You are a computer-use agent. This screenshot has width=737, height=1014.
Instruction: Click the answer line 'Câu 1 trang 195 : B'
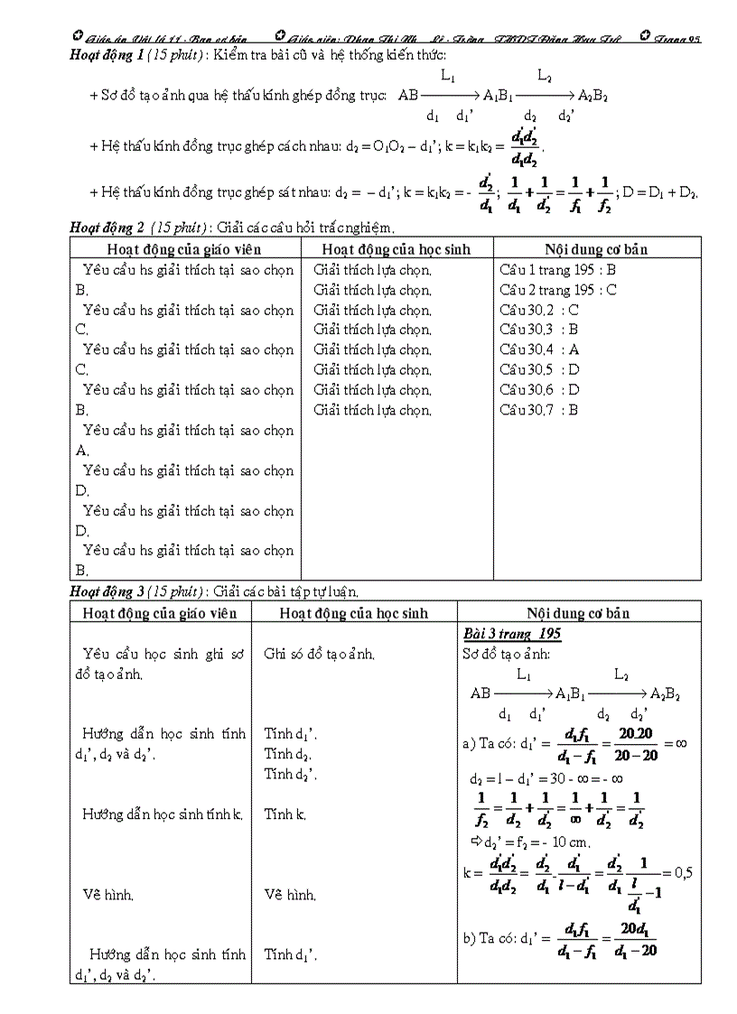coord(557,269)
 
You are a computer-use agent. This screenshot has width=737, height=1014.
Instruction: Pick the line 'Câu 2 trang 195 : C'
coord(557,290)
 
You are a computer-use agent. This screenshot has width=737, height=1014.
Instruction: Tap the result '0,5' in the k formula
coord(684,872)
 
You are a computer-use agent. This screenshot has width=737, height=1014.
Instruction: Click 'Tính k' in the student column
coord(285,814)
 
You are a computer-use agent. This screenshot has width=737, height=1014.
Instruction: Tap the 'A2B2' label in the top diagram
coord(592,95)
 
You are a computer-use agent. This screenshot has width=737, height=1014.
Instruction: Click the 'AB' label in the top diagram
coord(408,95)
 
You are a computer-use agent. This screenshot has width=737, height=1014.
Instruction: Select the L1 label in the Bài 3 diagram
coord(524,674)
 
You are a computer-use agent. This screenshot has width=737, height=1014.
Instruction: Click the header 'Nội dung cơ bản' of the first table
coord(596,249)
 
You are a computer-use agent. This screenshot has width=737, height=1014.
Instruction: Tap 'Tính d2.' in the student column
coord(288,754)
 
